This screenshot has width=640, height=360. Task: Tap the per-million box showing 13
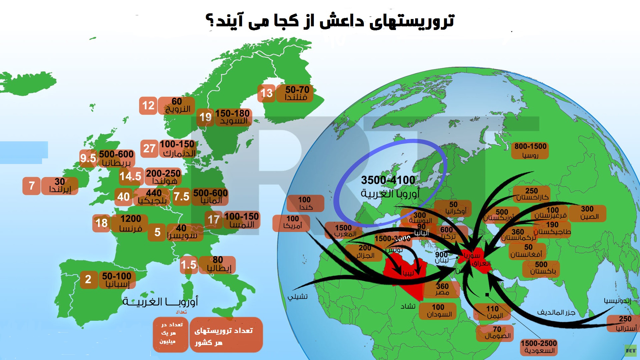click(x=266, y=93)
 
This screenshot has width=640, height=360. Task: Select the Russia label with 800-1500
click(x=530, y=150)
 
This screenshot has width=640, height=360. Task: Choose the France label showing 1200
click(x=130, y=223)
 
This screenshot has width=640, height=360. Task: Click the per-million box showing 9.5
click(x=88, y=158)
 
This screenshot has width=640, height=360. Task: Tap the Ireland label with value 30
click(x=60, y=186)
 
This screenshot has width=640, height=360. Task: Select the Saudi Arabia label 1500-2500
click(x=539, y=347)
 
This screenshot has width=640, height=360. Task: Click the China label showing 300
click(x=587, y=213)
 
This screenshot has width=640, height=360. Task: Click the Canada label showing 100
click(x=305, y=203)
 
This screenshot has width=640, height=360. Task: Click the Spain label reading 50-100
click(x=117, y=279)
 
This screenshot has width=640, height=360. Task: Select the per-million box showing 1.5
click(x=188, y=265)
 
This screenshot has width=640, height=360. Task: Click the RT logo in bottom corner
click(x=630, y=351)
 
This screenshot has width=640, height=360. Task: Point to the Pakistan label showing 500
click(x=541, y=268)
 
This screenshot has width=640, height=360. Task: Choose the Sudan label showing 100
click(x=438, y=311)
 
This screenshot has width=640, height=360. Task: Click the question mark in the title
click(x=210, y=21)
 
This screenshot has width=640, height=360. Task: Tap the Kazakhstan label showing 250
click(x=532, y=194)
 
